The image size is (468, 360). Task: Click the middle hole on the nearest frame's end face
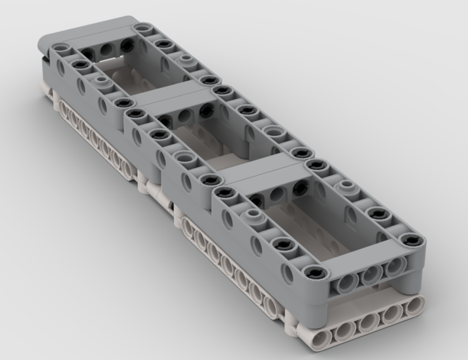371,275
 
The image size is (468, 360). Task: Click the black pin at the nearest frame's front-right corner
412,241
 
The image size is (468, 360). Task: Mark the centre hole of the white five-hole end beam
369,323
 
